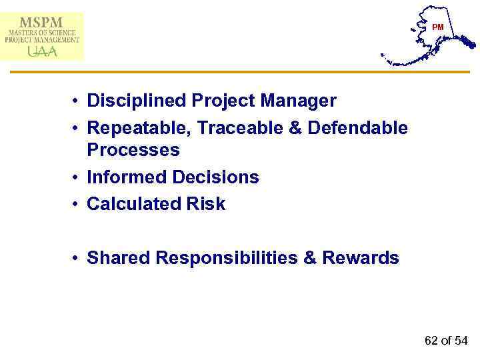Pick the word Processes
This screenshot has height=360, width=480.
[x=133, y=151]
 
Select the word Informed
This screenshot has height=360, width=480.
[x=127, y=177]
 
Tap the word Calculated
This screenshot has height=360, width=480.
[x=128, y=204]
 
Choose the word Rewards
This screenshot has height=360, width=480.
[x=361, y=258]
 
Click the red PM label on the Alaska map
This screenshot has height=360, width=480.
[x=438, y=27]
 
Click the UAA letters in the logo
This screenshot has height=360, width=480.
[x=41, y=51]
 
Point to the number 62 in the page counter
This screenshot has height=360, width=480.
[x=431, y=341]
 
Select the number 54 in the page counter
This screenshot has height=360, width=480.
[x=461, y=341]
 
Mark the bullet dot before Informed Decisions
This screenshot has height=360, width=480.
[x=77, y=178]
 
